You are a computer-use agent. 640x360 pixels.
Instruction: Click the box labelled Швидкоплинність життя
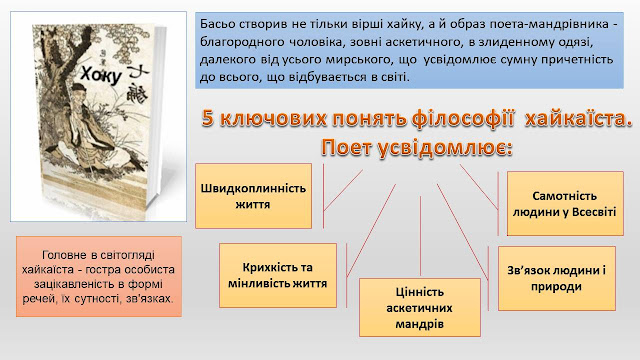click(253, 196)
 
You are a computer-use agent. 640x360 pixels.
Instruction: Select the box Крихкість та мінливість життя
click(278, 276)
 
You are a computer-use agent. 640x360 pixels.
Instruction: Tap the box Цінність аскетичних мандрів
click(420, 308)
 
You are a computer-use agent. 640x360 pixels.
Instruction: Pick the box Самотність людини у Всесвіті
click(565, 204)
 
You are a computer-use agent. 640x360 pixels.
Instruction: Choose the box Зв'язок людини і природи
click(557, 278)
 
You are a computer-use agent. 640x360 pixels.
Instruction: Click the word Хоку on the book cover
click(101, 75)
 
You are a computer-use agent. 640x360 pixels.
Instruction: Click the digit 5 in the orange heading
click(208, 119)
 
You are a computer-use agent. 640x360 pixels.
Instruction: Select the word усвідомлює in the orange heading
click(444, 148)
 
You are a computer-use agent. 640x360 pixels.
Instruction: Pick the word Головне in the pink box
click(64, 255)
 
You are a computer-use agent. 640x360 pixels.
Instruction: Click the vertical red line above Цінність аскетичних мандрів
click(420, 236)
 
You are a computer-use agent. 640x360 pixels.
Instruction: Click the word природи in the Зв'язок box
click(556, 287)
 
